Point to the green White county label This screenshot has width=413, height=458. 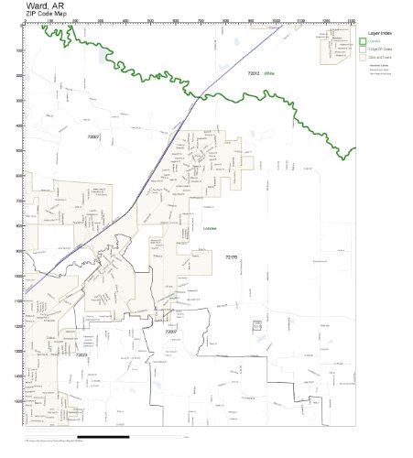click(x=269, y=72)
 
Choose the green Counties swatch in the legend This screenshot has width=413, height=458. click(x=363, y=41)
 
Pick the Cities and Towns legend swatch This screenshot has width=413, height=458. click(x=363, y=56)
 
